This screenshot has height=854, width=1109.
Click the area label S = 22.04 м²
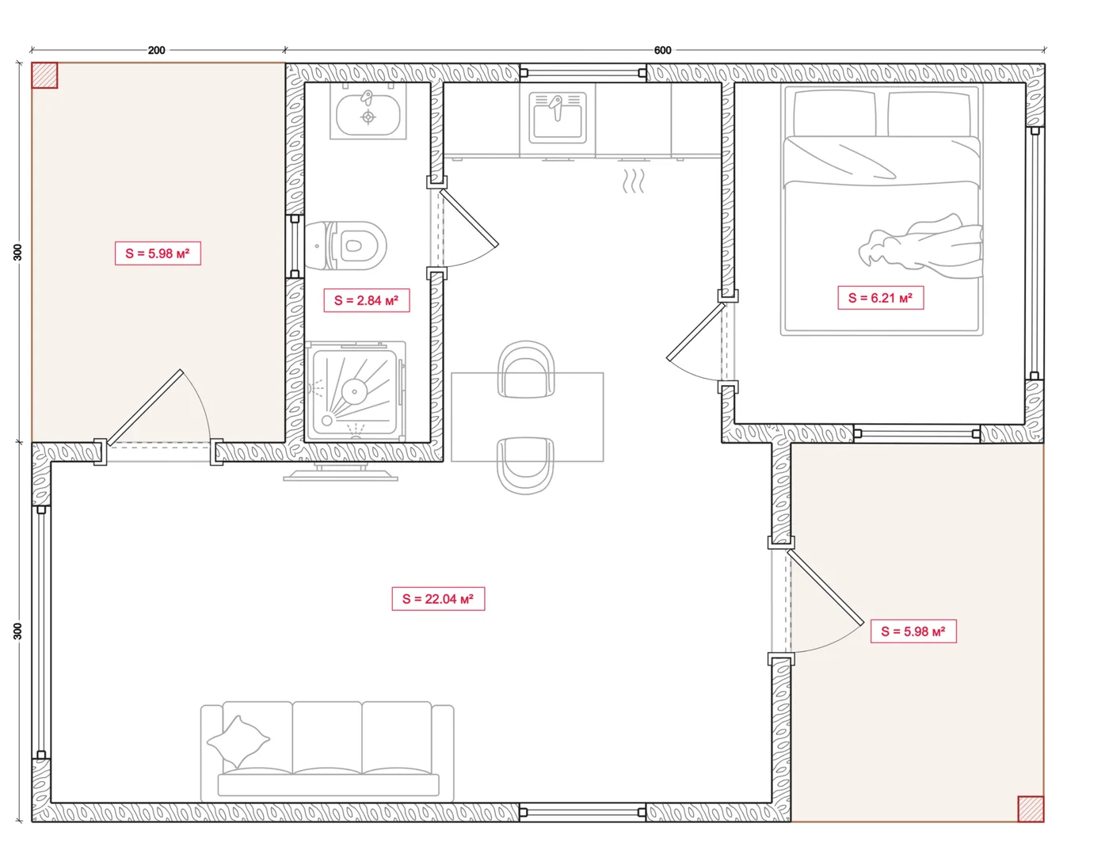coord(438,598)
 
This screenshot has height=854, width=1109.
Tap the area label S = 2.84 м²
coord(367,300)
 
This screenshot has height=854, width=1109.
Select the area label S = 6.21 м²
coord(880,297)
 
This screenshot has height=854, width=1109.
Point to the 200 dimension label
coord(156,50)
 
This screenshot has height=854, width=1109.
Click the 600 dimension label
coord(662,50)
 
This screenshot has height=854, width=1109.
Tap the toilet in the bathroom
coord(346,246)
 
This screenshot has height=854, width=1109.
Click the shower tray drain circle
coord(354,391)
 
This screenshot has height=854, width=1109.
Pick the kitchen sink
coord(558,117)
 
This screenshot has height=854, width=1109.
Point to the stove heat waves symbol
coord(633,181)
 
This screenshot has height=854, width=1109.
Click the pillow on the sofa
coord(238,742)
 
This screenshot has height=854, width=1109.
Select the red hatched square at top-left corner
coord(44,75)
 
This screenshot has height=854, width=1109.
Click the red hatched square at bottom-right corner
coord(1031,809)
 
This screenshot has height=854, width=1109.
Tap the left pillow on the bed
coord(832,113)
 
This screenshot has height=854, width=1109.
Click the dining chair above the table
coord(526,368)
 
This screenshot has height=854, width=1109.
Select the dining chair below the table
coord(526,465)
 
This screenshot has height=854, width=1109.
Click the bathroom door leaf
coord(468,218)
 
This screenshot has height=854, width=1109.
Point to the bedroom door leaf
coord(696,332)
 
